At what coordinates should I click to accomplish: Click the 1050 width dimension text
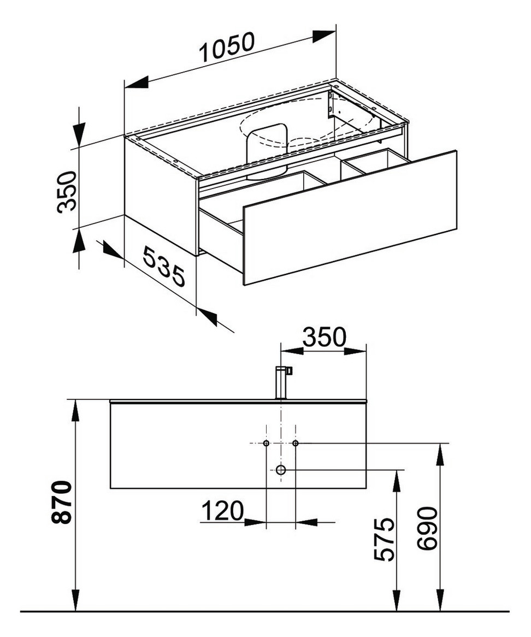point(226,48)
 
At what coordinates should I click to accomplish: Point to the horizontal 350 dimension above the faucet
point(324,337)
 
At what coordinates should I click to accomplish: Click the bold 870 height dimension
point(63,503)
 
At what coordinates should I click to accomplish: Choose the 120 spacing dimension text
point(222,511)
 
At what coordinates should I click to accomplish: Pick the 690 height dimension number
point(428,528)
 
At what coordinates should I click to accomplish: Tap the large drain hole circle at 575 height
point(281,470)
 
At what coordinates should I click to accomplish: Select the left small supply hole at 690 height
point(266,443)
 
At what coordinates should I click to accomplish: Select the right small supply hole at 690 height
point(296,443)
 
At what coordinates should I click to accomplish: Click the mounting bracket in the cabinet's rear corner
point(331,105)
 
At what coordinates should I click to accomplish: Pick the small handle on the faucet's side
point(289,371)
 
